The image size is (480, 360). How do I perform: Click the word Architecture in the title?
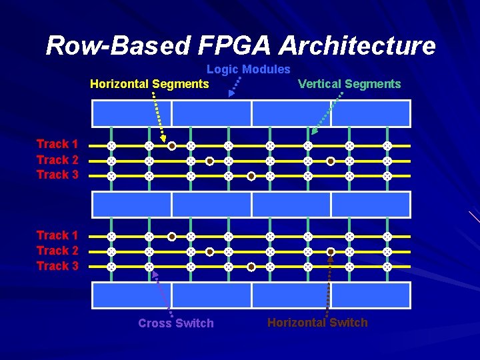coord(357,45)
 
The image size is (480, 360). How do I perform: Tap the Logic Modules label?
coord(248,69)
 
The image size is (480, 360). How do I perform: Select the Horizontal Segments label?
coord(149,84)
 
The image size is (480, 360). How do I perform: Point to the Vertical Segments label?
coord(349,84)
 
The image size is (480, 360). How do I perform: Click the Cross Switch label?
coord(176,323)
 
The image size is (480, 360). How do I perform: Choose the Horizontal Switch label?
coord(317,323)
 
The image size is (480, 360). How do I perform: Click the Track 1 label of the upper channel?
coord(57,144)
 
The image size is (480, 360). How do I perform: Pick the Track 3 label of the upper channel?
coord(57,175)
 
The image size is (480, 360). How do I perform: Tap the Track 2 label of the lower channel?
coord(57,251)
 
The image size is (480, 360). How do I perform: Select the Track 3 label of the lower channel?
coord(57,266)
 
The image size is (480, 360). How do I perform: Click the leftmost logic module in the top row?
coord(131,113)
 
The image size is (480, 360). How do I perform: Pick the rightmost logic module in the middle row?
coord(371,204)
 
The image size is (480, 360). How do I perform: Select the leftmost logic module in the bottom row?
coord(131,295)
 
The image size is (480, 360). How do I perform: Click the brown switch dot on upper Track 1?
coord(171,145)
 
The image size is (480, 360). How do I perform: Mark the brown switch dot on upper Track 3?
coord(251,177)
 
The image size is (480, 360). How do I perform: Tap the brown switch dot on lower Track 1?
coord(171,236)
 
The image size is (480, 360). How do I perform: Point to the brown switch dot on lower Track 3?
coord(251,267)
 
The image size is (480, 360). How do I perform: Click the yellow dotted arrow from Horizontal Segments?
coord(157,117)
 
